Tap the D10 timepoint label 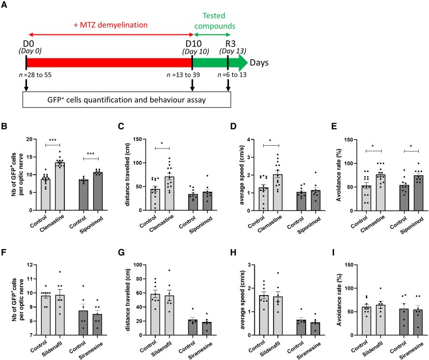(192, 43)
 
